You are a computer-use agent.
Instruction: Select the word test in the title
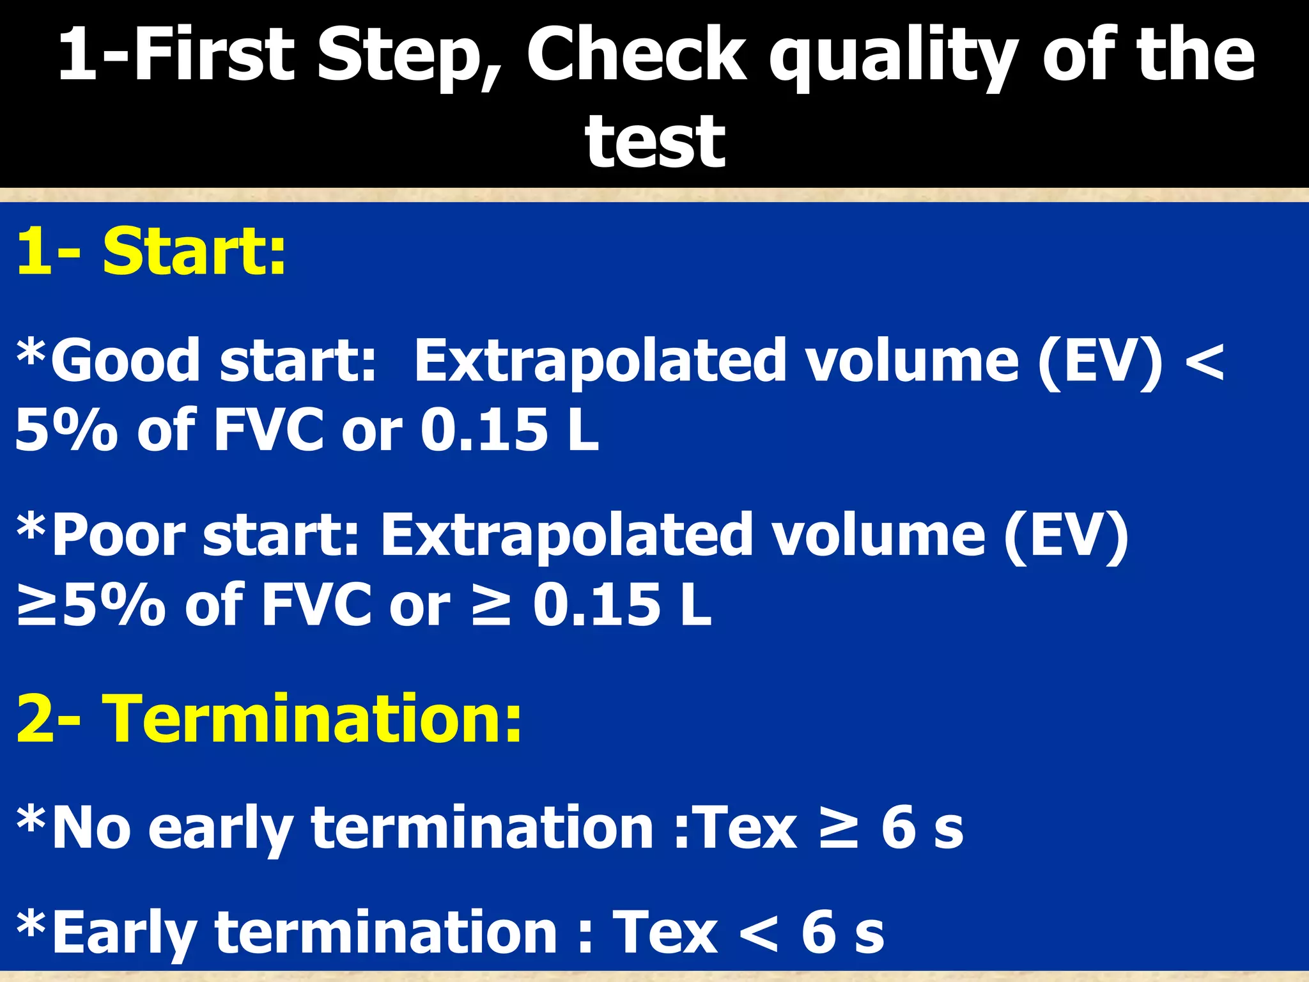(654, 142)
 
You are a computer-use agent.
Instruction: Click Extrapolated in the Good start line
(600, 361)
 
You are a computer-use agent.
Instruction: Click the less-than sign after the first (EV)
(1204, 361)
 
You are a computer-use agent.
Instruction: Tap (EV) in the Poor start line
(1065, 536)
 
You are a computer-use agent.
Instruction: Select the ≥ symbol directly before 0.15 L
(490, 604)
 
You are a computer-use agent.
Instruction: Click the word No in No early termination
(91, 827)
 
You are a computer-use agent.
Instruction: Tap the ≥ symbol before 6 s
(839, 827)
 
